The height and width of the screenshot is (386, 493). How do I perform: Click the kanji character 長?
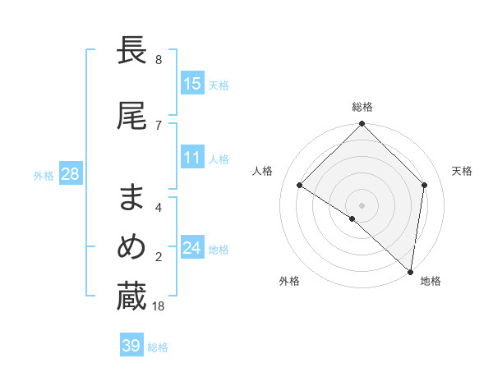click(x=131, y=51)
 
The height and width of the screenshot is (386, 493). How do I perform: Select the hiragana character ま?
click(x=131, y=197)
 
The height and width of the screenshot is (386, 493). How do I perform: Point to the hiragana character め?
click(x=131, y=247)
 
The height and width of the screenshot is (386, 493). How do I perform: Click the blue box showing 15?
click(x=192, y=84)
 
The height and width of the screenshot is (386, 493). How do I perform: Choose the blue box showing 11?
click(x=192, y=158)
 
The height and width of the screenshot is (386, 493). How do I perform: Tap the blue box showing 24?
click(x=192, y=248)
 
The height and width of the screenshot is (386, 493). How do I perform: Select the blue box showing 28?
click(x=70, y=174)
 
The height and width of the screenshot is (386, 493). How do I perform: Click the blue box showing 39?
click(x=131, y=346)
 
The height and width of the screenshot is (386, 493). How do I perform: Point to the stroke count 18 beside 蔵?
click(x=159, y=306)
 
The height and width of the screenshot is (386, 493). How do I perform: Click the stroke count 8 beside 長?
click(x=159, y=60)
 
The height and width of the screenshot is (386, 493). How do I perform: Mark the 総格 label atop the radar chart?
click(x=362, y=107)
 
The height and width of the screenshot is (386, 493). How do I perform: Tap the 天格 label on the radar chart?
click(x=462, y=171)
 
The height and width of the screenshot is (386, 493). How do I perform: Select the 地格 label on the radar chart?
click(x=431, y=281)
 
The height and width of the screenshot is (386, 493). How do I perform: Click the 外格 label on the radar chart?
click(x=289, y=281)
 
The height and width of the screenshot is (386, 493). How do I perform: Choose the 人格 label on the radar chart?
click(x=262, y=171)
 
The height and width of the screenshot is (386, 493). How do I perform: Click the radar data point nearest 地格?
click(x=410, y=270)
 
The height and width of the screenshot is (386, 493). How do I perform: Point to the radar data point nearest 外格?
click(x=352, y=218)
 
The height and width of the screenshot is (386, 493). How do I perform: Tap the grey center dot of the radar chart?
click(x=362, y=204)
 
